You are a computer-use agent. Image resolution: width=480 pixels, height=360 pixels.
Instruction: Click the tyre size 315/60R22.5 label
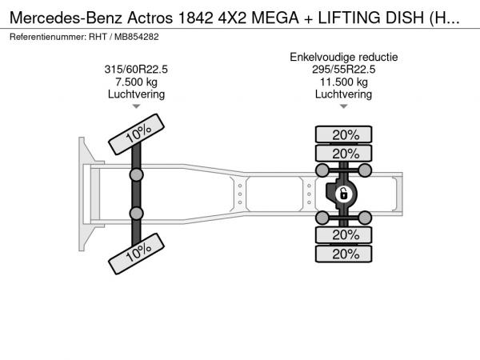(x=136, y=70)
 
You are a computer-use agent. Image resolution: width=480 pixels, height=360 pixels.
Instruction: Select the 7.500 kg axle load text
(x=136, y=82)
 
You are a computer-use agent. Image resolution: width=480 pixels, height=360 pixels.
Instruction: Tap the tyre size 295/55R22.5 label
(x=343, y=70)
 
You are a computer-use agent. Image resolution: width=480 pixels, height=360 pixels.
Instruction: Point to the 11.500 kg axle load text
(x=344, y=82)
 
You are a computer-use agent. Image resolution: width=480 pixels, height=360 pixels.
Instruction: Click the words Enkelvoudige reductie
(x=344, y=58)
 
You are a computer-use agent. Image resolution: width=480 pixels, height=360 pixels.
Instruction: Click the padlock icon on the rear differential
(x=343, y=194)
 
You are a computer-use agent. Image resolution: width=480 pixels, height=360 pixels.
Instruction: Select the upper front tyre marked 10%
(x=137, y=134)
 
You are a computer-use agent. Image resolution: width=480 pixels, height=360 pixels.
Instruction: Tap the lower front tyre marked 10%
(x=137, y=254)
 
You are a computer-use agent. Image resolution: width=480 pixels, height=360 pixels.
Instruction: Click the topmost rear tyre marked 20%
(x=343, y=134)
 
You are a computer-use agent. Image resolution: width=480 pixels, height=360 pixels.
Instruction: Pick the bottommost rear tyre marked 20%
(x=343, y=254)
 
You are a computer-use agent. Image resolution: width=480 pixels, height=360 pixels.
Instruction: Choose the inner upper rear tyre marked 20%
(x=343, y=153)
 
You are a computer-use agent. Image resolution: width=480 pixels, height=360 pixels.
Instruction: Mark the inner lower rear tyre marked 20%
(x=343, y=235)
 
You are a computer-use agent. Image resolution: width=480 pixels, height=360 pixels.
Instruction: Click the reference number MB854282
(x=137, y=37)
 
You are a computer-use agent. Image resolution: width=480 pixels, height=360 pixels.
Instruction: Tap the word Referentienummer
(x=48, y=37)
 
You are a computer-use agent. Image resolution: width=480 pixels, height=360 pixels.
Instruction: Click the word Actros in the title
(x=150, y=18)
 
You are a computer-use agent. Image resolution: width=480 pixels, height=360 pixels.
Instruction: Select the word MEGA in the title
(x=275, y=18)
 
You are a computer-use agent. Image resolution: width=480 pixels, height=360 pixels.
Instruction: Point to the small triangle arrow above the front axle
(x=136, y=106)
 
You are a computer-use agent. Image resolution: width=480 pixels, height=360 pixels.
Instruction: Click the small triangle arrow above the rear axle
(x=344, y=106)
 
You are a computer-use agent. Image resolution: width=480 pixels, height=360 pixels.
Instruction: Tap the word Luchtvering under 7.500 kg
(x=136, y=94)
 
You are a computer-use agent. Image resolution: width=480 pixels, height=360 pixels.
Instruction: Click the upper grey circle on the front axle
(x=136, y=175)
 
